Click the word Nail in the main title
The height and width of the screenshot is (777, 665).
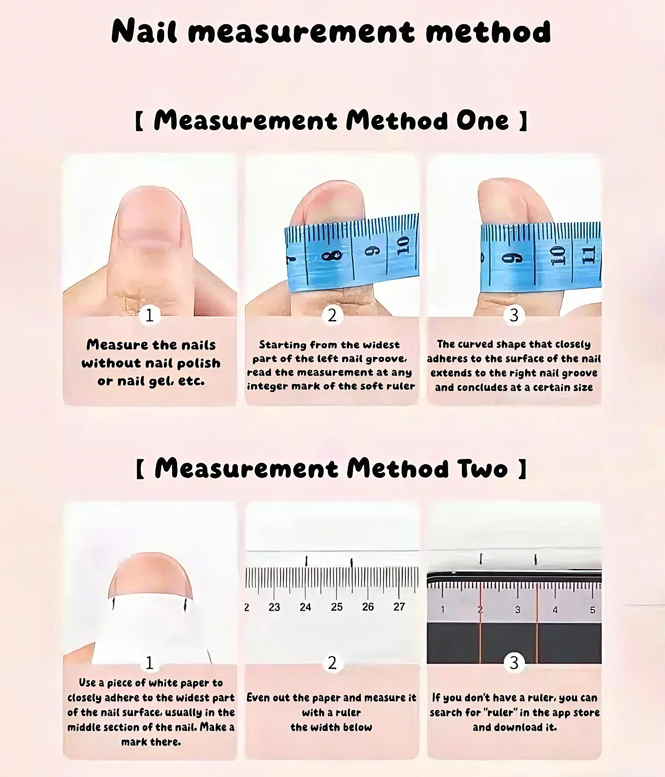pyautogui.click(x=144, y=31)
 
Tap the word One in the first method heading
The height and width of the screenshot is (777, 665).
pyautogui.click(x=482, y=121)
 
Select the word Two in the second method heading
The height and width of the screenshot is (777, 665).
pyautogui.click(x=482, y=468)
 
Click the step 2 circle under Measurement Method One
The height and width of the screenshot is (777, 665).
pyautogui.click(x=332, y=315)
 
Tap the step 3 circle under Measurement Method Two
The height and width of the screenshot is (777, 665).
pyautogui.click(x=514, y=663)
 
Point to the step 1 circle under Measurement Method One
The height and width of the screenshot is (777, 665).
pyautogui.click(x=149, y=315)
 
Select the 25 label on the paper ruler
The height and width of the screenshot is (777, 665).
pyautogui.click(x=337, y=607)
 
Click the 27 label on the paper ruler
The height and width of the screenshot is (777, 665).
pyautogui.click(x=399, y=607)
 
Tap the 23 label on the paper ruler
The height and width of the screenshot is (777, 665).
pyautogui.click(x=274, y=607)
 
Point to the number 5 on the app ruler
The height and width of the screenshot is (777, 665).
pyautogui.click(x=593, y=610)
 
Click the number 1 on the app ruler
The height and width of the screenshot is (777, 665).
pyautogui.click(x=443, y=609)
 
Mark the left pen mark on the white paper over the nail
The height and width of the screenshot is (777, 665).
pyautogui.click(x=113, y=604)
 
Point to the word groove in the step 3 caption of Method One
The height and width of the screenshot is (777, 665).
pyautogui.click(x=580, y=373)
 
